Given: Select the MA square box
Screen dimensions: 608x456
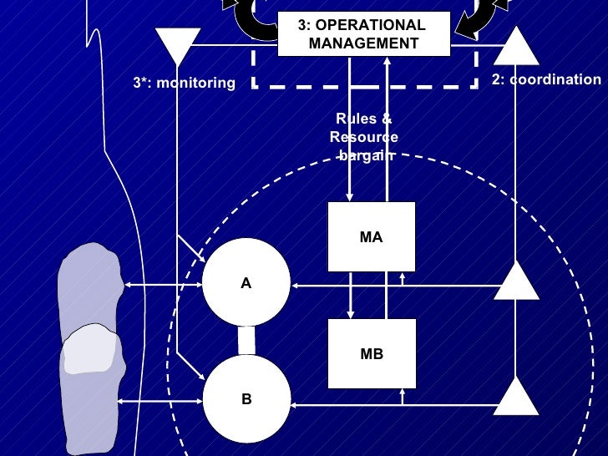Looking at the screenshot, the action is click(x=371, y=237).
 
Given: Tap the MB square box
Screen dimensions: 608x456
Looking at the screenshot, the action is click(x=371, y=354).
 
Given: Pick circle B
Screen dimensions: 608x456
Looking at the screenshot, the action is click(x=246, y=399).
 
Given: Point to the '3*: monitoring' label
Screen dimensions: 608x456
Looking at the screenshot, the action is click(x=185, y=83).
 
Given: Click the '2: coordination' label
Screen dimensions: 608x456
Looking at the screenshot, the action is click(x=545, y=80).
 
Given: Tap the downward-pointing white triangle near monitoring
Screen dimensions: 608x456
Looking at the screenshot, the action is click(x=178, y=44).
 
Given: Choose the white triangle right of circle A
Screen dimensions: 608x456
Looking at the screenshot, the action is click(x=517, y=281).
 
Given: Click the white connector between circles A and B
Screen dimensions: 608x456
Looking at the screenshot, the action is click(x=246, y=341).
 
